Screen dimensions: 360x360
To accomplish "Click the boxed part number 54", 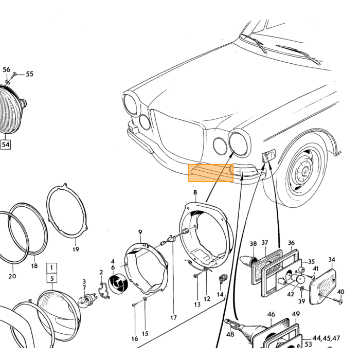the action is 6,145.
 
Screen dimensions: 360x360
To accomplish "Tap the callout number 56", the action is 6,69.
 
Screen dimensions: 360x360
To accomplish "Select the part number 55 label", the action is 29,74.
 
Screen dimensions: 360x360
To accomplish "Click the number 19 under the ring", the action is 76,249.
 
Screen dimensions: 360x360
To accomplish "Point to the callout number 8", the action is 195,192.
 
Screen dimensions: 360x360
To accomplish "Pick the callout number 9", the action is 140,232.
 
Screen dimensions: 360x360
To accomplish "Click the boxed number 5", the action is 52,279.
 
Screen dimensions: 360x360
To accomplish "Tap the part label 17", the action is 174,318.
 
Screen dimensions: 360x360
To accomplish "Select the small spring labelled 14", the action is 222,279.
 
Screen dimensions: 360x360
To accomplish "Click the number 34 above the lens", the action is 332,260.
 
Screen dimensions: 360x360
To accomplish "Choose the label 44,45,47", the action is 326,338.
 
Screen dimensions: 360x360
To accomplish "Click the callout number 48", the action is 230,334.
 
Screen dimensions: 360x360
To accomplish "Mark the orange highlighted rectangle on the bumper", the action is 211,173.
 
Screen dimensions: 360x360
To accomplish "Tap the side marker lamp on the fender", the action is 268,155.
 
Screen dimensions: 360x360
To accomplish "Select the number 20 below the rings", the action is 12,276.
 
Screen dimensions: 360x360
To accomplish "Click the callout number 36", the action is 291,243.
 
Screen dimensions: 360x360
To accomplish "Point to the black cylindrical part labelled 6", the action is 118,284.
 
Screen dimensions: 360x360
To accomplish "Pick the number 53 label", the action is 309,345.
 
